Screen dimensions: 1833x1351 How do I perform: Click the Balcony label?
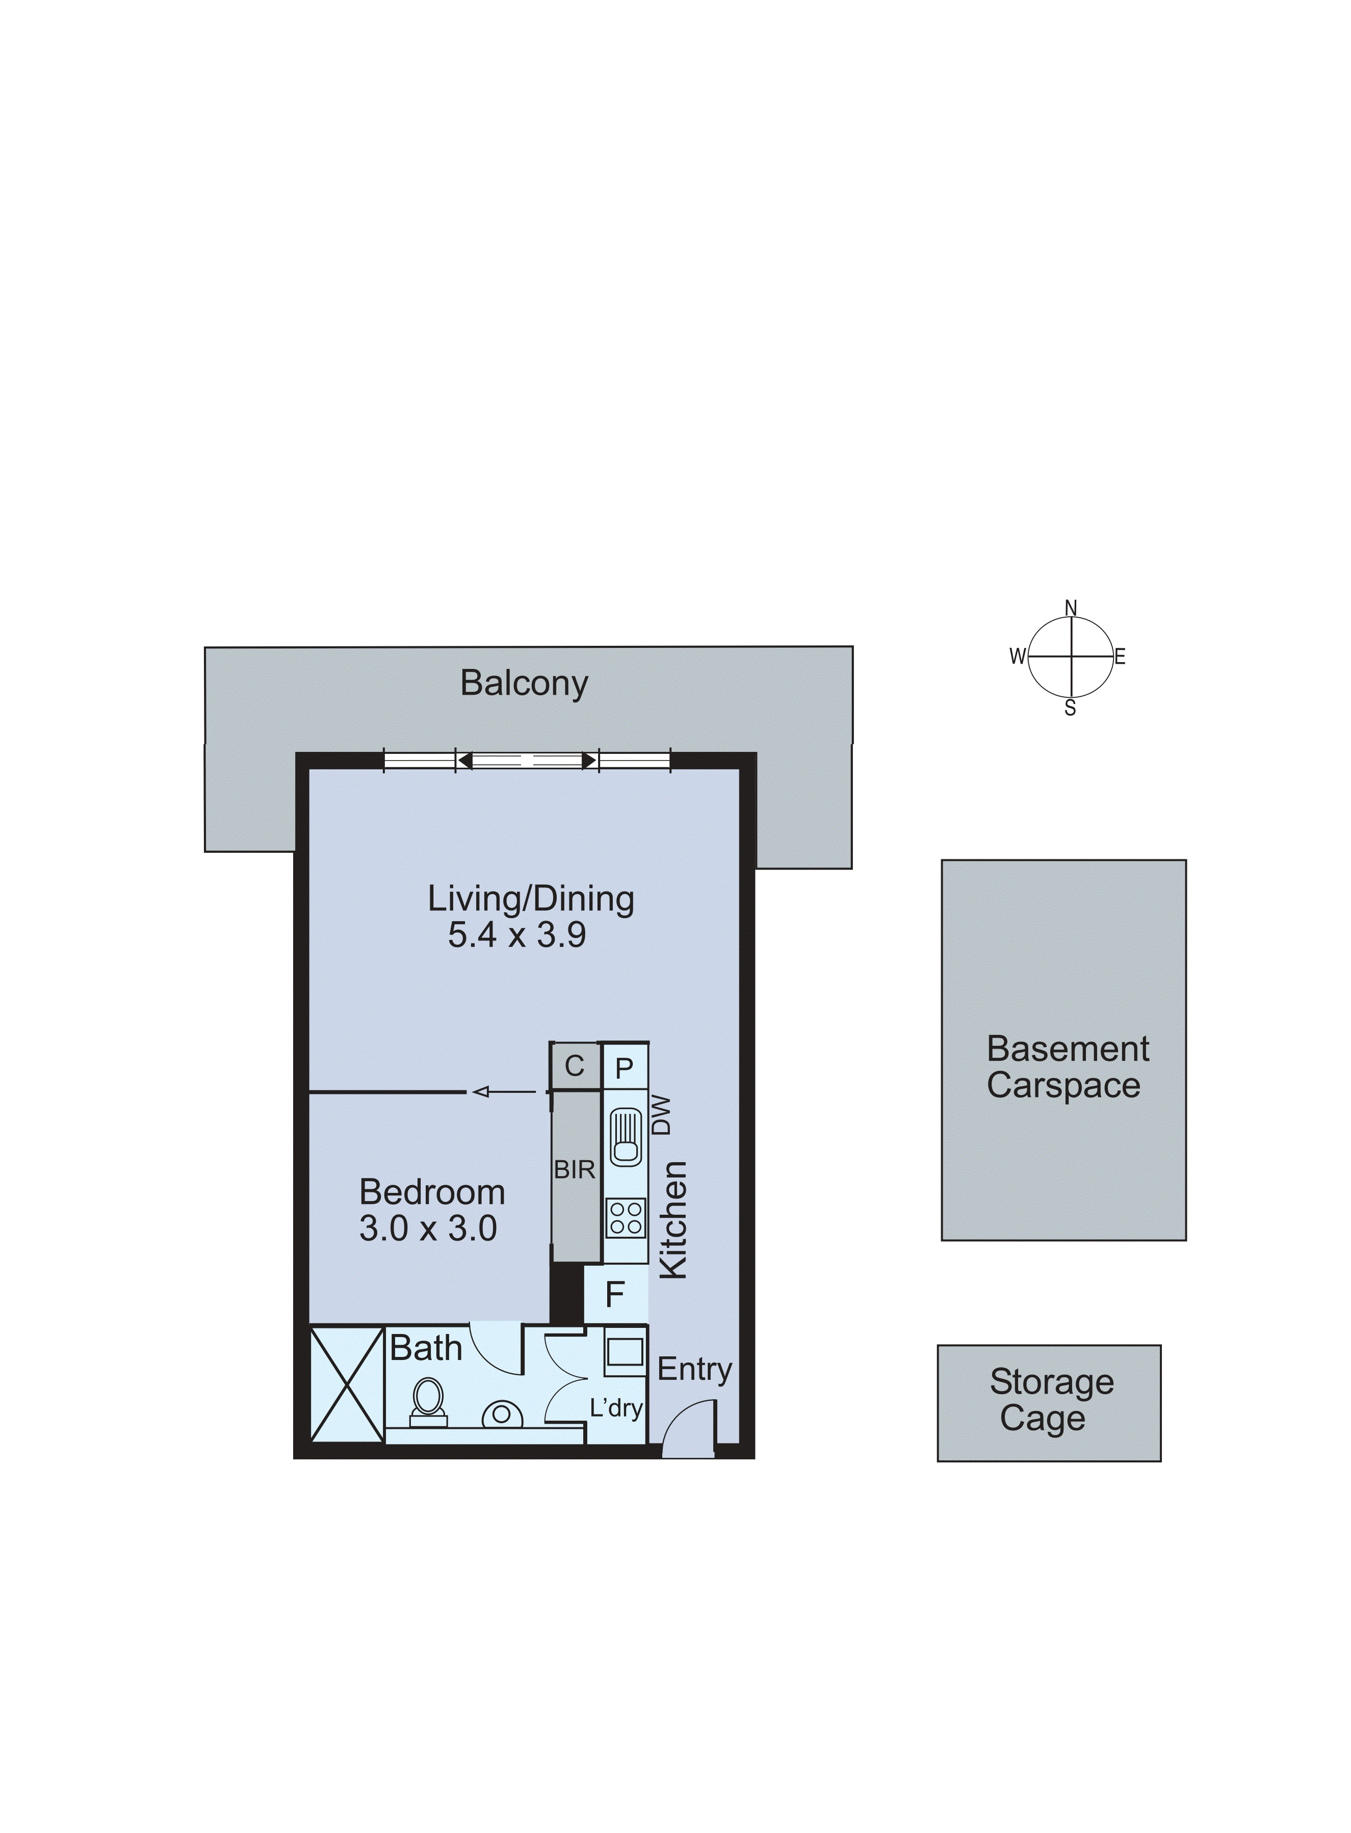(x=524, y=684)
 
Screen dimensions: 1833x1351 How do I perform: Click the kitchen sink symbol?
(x=626, y=1136)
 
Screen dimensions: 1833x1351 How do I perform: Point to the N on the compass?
(x=1071, y=608)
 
